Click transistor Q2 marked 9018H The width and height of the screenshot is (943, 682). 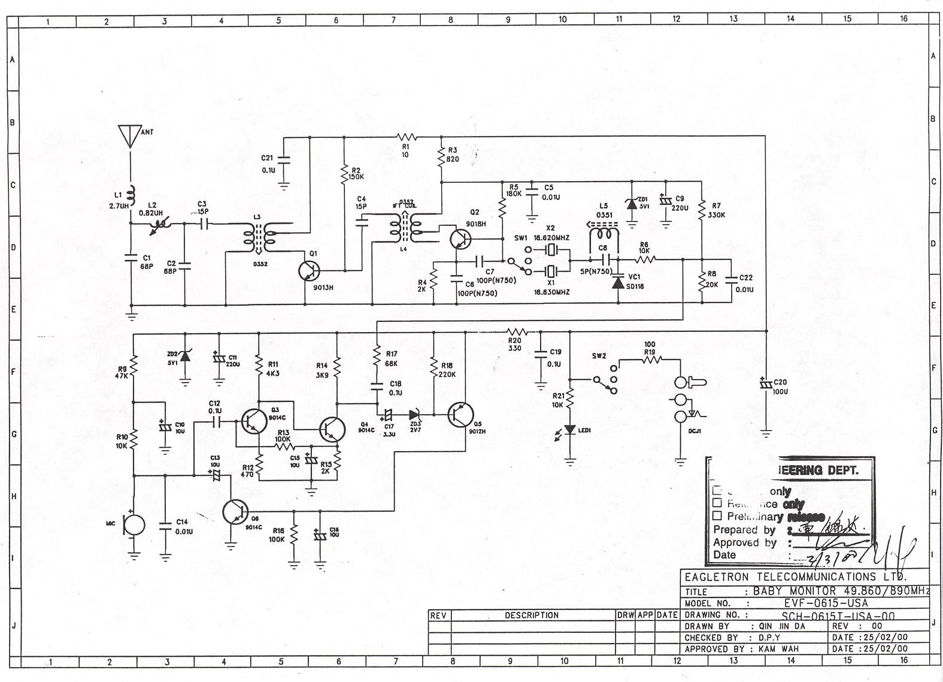click(x=460, y=239)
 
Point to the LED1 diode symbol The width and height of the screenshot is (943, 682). click(x=570, y=430)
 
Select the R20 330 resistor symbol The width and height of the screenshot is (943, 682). click(x=516, y=331)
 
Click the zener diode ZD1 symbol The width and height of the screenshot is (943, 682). click(x=631, y=203)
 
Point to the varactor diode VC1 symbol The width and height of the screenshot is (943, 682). click(x=618, y=282)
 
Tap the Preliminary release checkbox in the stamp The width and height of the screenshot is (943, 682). click(x=717, y=515)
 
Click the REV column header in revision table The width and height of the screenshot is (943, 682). click(x=438, y=615)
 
